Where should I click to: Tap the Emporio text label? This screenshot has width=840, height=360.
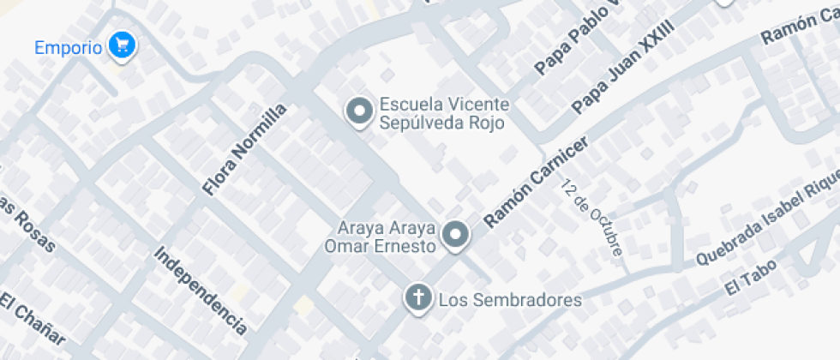pos(68,46)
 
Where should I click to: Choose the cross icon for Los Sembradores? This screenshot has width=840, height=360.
pos(417,298)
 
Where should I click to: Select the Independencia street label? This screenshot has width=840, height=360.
pos(201,290)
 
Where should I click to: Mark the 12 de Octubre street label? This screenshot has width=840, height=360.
pos(592,219)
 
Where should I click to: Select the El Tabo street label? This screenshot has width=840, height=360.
pos(751,277)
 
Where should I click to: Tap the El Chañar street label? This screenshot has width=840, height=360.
pos(33,320)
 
